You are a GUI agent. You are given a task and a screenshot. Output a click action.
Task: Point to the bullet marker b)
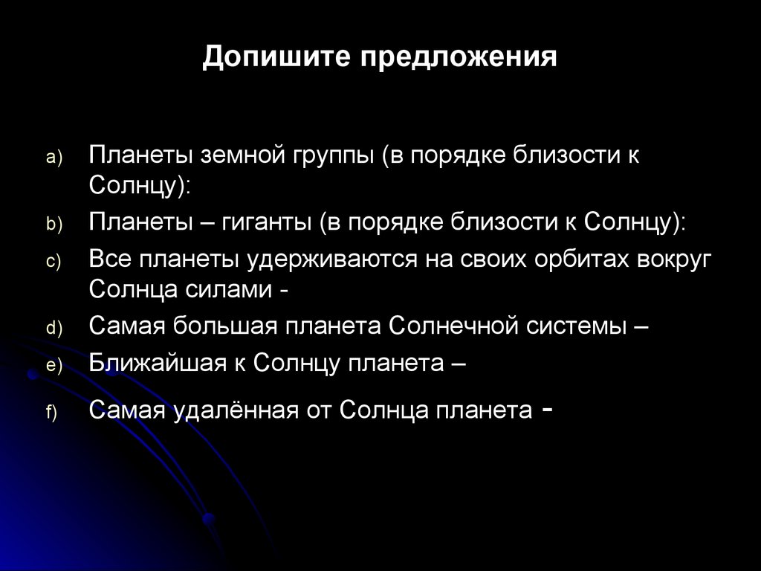(56, 224)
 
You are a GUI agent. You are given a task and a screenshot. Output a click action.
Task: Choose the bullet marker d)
(56, 329)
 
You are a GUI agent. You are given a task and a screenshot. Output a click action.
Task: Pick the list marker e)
(56, 365)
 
